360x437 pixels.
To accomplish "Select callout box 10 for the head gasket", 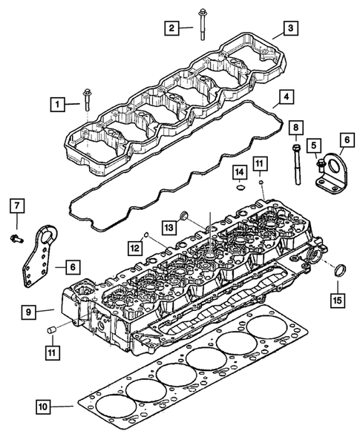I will point(45,406).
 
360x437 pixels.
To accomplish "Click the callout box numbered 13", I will point(169,226).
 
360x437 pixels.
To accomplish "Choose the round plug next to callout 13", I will point(186,216).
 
